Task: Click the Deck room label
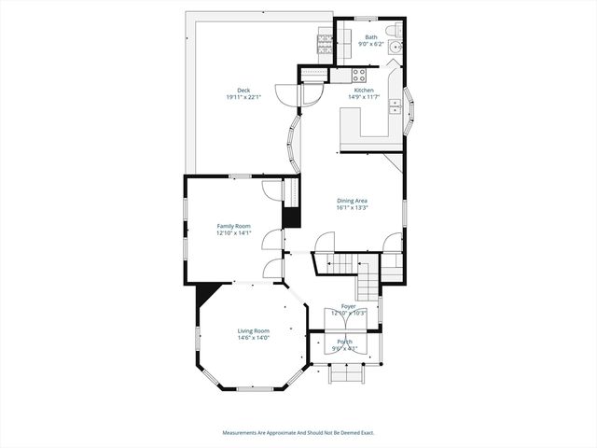coord(243,91)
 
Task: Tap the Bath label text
coord(371,37)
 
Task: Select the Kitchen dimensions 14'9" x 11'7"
coord(363,97)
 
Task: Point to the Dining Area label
coord(352,201)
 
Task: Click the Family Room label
coord(234,226)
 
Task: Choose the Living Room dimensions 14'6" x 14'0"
coord(253,338)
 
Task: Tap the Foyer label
coord(348,306)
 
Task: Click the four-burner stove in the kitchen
coord(358,75)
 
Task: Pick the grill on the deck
coord(326,38)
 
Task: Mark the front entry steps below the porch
coord(346,374)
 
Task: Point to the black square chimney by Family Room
coord(291,216)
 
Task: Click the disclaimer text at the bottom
coord(298,432)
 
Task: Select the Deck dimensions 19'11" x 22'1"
coord(243,98)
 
